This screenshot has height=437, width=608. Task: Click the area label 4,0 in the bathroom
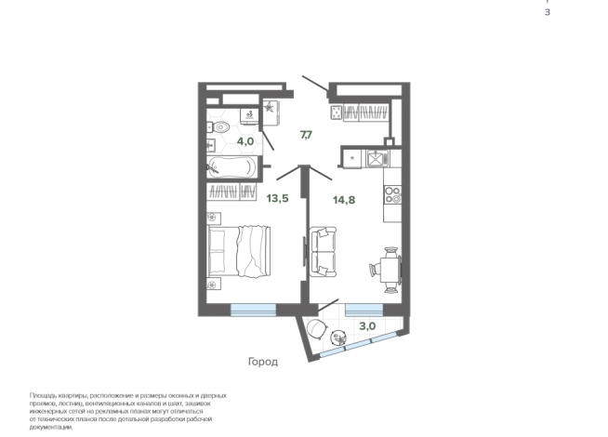coord(245,141)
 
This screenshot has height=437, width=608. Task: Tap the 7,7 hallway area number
coord(306,135)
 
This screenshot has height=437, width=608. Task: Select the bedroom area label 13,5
coord(277,199)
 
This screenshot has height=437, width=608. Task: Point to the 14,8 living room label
coord(344,200)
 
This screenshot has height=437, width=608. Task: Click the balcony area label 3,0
coord(367,326)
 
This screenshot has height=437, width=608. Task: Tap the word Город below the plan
coord(263,363)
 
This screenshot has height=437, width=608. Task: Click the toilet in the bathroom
coord(218,126)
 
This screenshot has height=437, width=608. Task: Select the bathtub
coord(231,167)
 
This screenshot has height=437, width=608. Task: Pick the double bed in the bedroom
coord(239,251)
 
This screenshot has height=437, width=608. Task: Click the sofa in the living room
coord(324,252)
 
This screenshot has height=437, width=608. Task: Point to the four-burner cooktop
coord(392,194)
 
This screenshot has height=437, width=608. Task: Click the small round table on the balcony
coord(338,338)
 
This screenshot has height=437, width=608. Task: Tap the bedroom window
coord(253,310)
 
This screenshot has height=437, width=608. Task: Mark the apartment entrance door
coord(315,84)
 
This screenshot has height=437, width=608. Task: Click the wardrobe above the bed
coord(231,192)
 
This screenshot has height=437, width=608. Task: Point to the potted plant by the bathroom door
coord(269,107)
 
